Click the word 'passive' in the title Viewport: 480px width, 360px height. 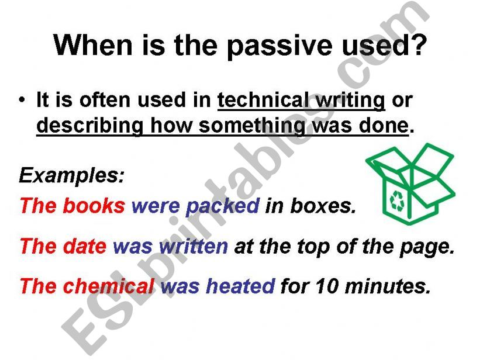pyautogui.click(x=280, y=46)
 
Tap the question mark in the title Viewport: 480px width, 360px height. pyautogui.click(x=417, y=44)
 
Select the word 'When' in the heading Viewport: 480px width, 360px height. pyautogui.click(x=94, y=44)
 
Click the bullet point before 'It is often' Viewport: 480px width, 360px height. pyautogui.click(x=22, y=100)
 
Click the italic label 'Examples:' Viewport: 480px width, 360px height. pyautogui.click(x=72, y=175)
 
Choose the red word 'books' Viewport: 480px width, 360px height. pyautogui.click(x=94, y=205)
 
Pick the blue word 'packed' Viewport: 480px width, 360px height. pyautogui.click(x=223, y=206)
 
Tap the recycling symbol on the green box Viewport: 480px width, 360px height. pyautogui.click(x=398, y=201)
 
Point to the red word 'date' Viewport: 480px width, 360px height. pyautogui.click(x=85, y=245)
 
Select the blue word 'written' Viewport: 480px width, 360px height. pyautogui.click(x=193, y=245)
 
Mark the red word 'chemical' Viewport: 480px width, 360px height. pyautogui.click(x=108, y=286)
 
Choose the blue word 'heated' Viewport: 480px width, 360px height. pyautogui.click(x=240, y=286)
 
